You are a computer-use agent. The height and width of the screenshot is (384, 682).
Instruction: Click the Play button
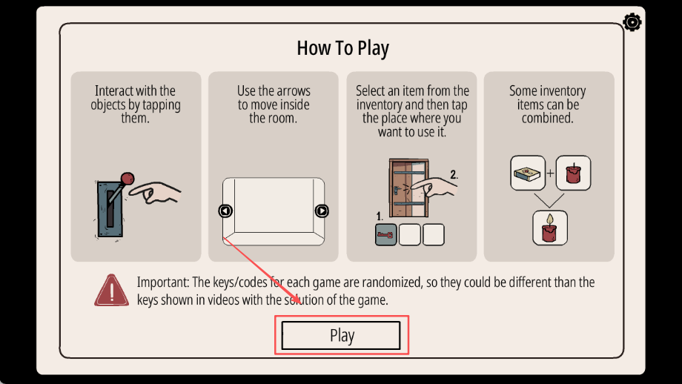341,335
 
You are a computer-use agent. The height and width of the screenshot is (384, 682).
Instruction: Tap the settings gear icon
632,22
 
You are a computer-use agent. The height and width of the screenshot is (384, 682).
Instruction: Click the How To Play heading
342,48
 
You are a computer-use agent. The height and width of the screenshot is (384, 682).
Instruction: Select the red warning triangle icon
111,290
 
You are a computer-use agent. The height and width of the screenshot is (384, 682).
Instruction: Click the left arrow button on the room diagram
225,211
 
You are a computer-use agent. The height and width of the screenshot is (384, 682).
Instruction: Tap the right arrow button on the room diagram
322,211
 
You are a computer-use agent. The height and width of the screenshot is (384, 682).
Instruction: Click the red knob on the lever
127,179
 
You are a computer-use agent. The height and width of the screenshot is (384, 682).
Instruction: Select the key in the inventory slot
385,235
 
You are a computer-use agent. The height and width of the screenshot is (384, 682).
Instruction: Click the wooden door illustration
409,188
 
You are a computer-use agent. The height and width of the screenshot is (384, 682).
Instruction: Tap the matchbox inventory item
528,173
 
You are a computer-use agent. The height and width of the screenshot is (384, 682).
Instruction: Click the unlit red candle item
573,173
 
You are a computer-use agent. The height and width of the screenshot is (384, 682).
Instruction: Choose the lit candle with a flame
550,228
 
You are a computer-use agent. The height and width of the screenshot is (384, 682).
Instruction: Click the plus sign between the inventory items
551,173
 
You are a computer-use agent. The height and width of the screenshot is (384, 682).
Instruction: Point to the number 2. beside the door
454,174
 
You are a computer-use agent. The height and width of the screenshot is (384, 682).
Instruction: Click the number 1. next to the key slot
380,216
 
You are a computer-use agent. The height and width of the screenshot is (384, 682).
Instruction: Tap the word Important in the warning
163,282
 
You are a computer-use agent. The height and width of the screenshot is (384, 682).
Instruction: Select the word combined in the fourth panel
547,118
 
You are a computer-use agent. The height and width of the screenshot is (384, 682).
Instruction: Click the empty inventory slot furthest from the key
433,235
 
